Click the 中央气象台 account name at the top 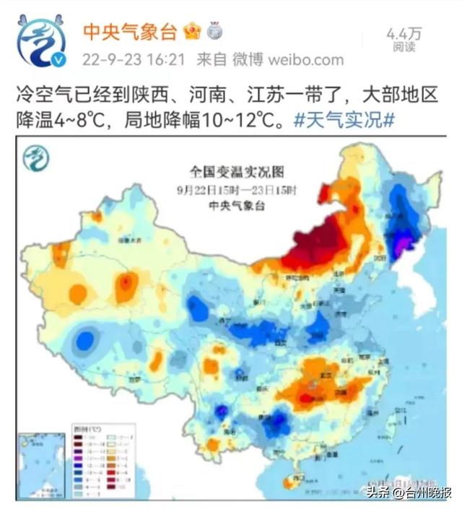point(131,31)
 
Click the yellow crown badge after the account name point(192,31)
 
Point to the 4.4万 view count point(404,33)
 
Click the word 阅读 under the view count point(404,47)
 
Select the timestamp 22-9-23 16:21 point(134,59)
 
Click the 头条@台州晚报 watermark point(404,492)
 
